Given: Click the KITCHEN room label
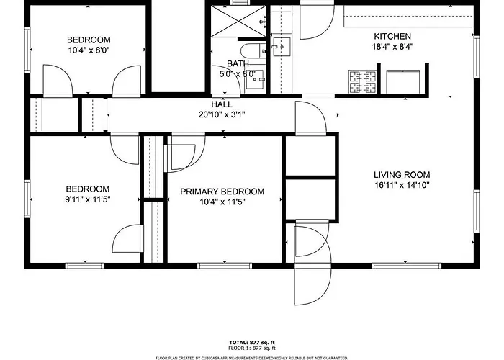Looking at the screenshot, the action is [x=392, y=36].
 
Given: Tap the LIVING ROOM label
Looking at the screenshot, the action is [x=402, y=175].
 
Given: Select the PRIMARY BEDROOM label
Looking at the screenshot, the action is [x=222, y=192].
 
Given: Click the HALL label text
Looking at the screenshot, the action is [x=222, y=104].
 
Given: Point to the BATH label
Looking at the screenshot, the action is [x=238, y=63].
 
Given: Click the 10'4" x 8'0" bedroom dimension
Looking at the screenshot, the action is [x=89, y=50].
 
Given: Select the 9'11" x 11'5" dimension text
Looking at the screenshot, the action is [x=88, y=199].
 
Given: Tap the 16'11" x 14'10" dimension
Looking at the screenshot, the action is [x=402, y=185].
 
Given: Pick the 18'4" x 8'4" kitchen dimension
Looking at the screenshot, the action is [x=392, y=47].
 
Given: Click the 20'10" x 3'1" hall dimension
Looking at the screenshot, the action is [x=222, y=114].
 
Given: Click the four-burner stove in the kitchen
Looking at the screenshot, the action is [x=362, y=81].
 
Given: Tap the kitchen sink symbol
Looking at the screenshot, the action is [x=282, y=47].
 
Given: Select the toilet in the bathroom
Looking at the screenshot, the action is [x=253, y=51].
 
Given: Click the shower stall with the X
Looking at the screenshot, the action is [x=238, y=21].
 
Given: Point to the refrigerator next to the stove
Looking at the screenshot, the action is [x=402, y=81].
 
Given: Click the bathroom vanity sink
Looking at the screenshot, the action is [x=256, y=79].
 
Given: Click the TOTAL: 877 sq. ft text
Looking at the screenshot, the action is [x=252, y=342].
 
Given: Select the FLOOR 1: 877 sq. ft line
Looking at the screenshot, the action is [x=252, y=348].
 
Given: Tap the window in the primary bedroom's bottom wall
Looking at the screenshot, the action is [x=225, y=266].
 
